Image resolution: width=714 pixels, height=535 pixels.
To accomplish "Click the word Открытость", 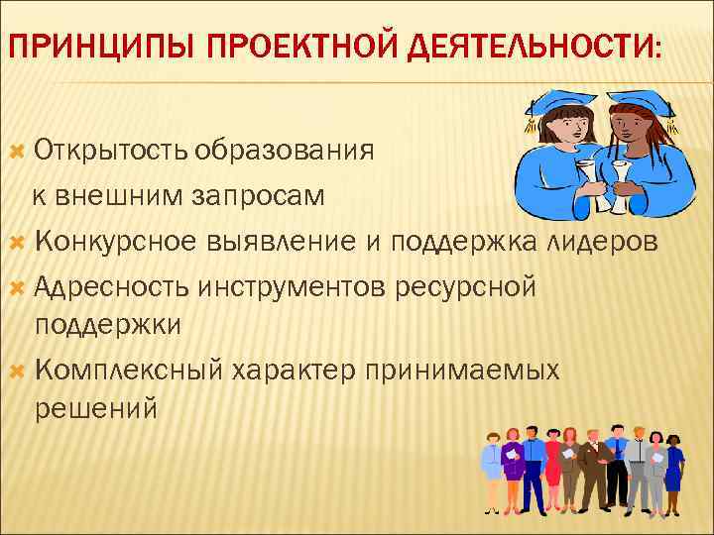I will point(111,151).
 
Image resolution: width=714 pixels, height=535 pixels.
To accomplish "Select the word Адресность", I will point(111,285).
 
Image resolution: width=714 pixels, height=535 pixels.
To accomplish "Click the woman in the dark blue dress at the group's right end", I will point(673,471).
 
